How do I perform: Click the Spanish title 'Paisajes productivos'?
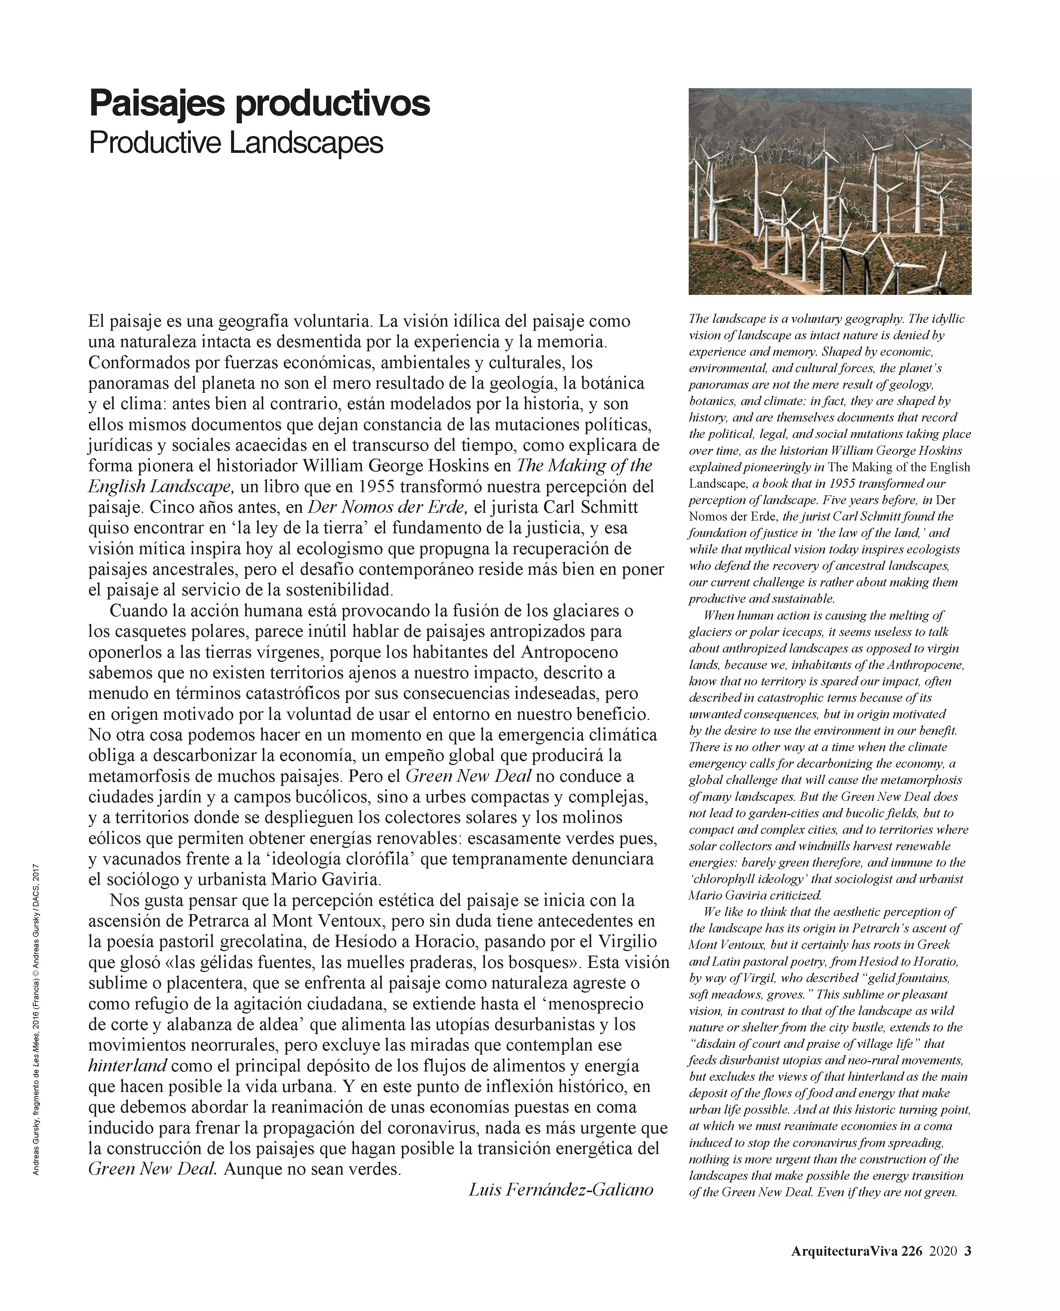[x=259, y=104]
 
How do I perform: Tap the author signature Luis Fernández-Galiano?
[x=560, y=1189]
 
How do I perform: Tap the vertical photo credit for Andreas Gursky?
[x=36, y=1019]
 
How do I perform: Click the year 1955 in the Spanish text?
[x=378, y=487]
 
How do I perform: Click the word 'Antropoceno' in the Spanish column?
[x=569, y=652]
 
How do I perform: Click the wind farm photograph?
[x=830, y=192]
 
